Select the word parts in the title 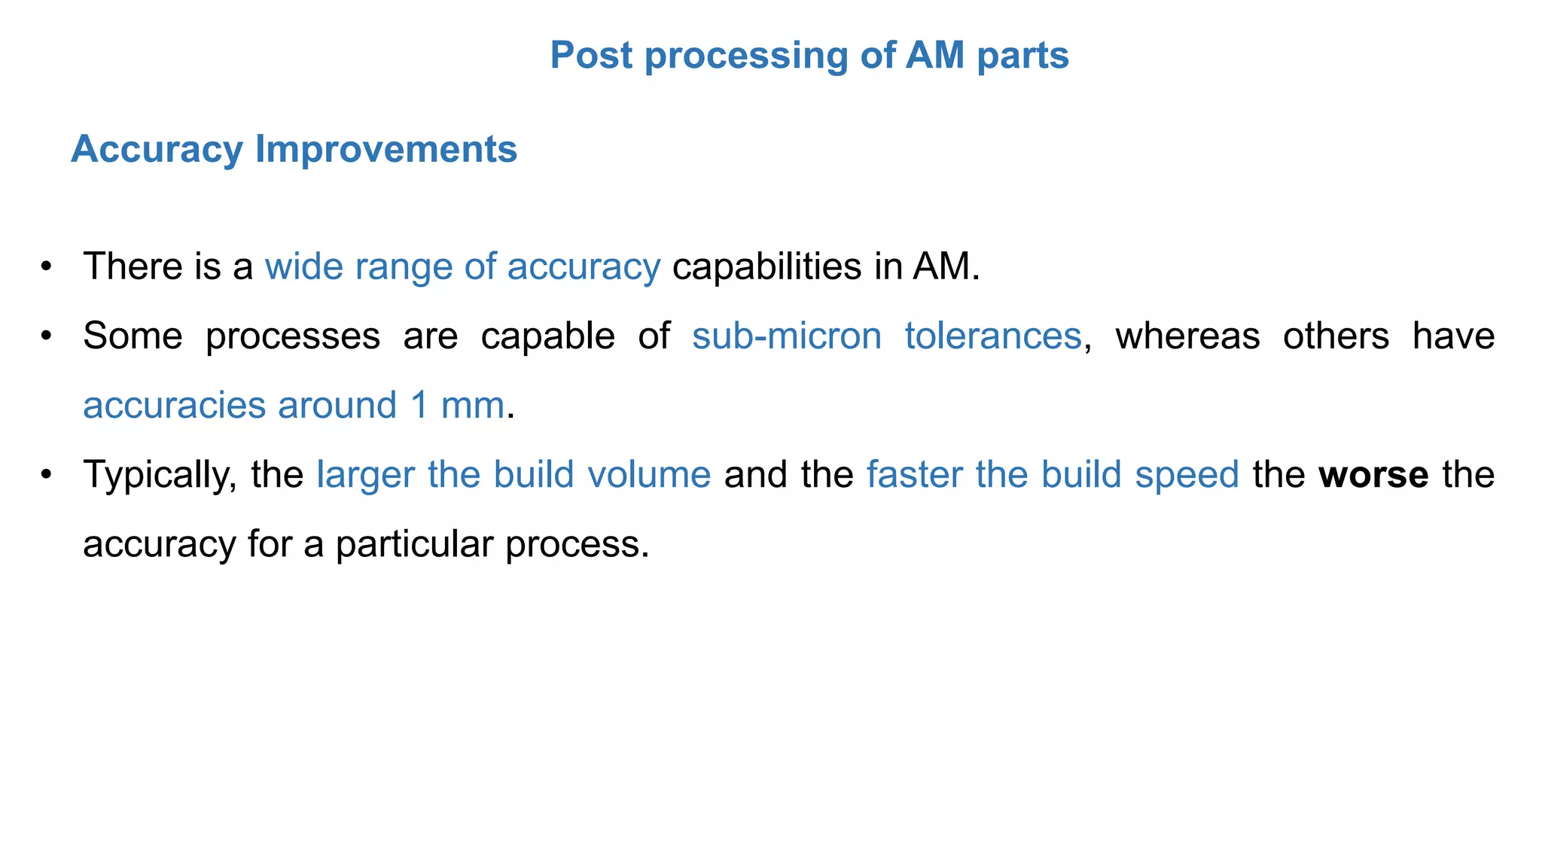1022,56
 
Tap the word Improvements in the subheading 385,149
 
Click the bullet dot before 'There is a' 47,266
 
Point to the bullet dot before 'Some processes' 47,336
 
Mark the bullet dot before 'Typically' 47,474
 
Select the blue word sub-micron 787,336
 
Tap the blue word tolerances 992,336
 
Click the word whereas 1187,336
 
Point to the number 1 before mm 419,405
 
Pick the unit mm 472,405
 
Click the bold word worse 1373,474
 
